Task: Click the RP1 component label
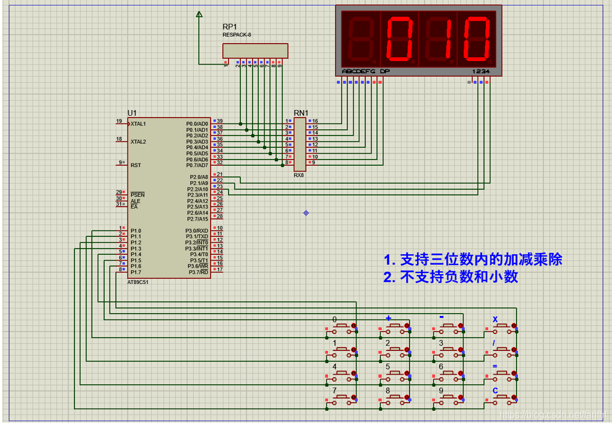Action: pyautogui.click(x=230, y=27)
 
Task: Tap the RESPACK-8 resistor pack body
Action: pyautogui.click(x=256, y=51)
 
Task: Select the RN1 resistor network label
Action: pyautogui.click(x=301, y=113)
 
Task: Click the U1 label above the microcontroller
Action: pyautogui.click(x=132, y=113)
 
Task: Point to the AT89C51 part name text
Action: pyautogui.click(x=138, y=282)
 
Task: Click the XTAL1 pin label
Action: pyautogui.click(x=138, y=124)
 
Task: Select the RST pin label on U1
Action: pyautogui.click(x=136, y=165)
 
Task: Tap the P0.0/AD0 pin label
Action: pyautogui.click(x=197, y=124)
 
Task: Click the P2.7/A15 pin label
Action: pyautogui.click(x=198, y=219)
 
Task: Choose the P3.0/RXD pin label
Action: pyautogui.click(x=197, y=231)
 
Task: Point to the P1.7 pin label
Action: pyautogui.click(x=136, y=272)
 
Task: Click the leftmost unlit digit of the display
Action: pyautogui.click(x=360, y=39)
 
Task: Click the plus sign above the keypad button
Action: pyautogui.click(x=389, y=318)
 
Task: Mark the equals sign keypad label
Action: pyautogui.click(x=495, y=366)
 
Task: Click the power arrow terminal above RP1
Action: pyautogui.click(x=199, y=15)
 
